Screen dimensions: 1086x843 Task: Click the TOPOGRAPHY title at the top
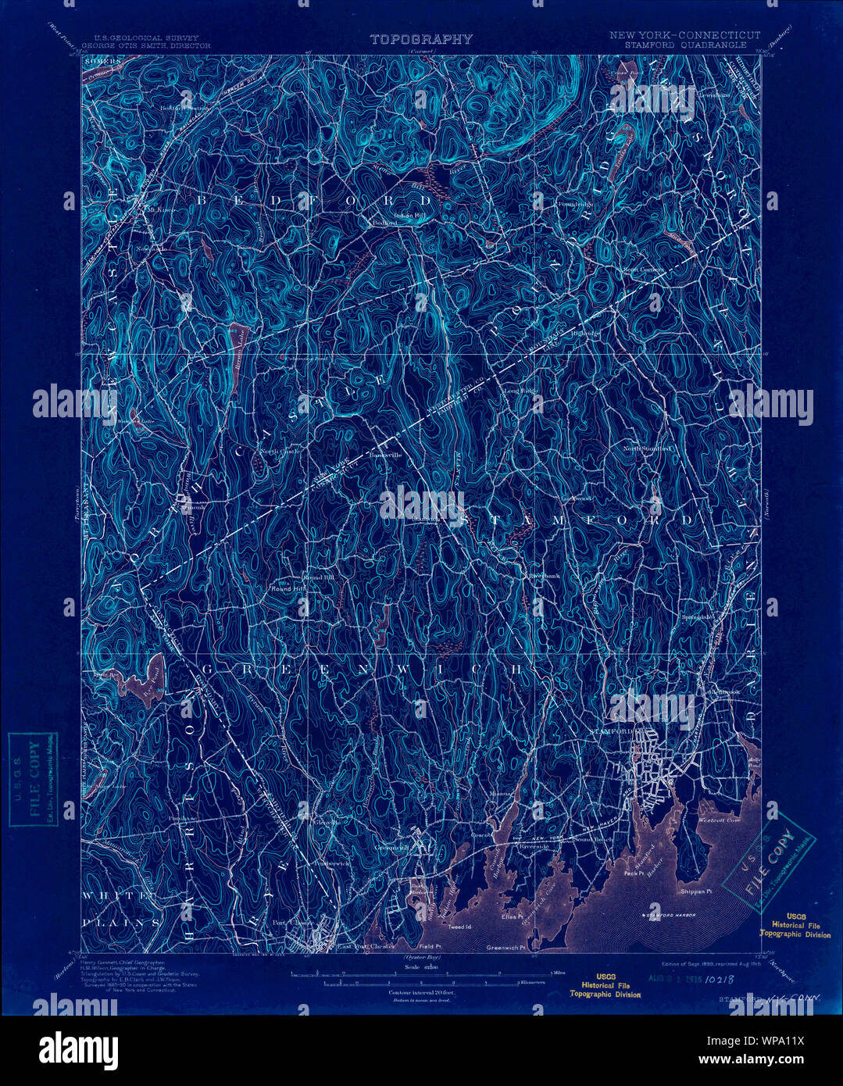pyautogui.click(x=421, y=39)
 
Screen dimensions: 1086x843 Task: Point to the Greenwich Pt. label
pyautogui.click(x=504, y=948)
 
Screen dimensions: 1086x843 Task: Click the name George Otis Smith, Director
pyautogui.click(x=146, y=46)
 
